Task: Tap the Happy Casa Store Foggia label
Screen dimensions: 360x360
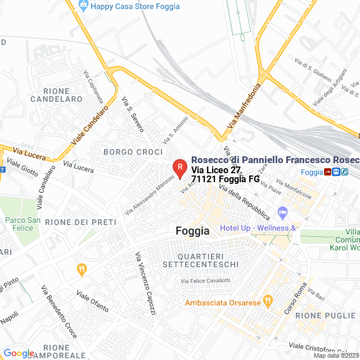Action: (x=135, y=7)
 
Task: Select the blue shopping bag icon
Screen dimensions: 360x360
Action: (x=83, y=6)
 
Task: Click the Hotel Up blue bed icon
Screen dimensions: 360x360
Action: (x=282, y=213)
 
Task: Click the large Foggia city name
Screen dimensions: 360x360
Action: (x=192, y=231)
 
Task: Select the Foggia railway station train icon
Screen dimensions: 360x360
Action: (x=335, y=172)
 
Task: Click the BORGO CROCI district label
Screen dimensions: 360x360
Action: (x=133, y=152)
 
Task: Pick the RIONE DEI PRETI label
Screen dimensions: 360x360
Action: (x=80, y=222)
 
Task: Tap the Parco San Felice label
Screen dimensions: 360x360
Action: (x=24, y=224)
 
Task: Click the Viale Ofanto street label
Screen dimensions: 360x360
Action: (x=92, y=302)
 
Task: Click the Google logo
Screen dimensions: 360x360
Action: (x=19, y=353)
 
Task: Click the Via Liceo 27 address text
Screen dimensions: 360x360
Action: (x=216, y=170)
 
